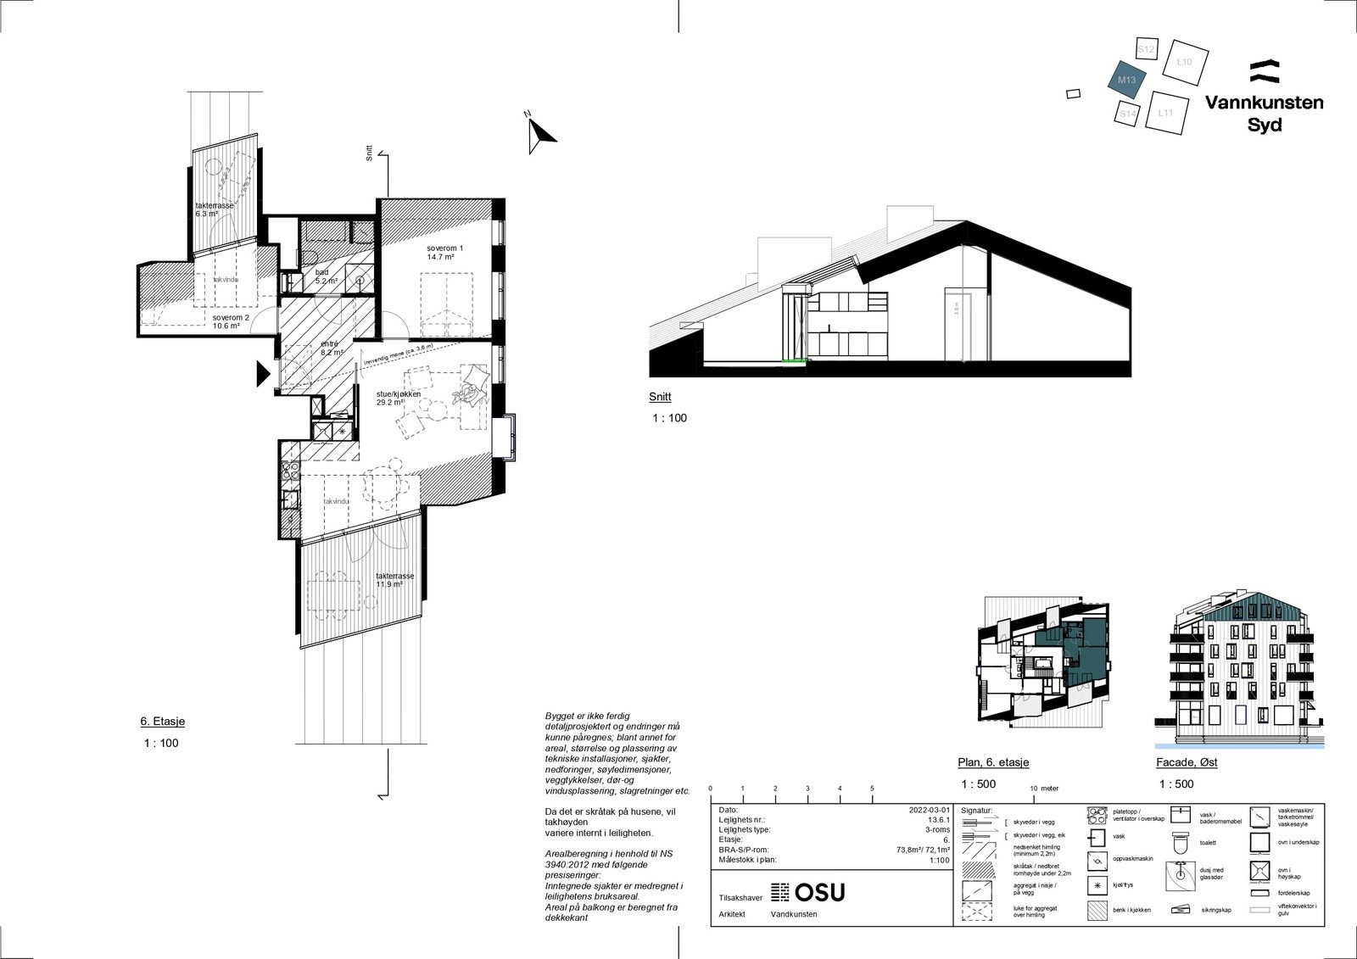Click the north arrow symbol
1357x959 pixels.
coord(539,134)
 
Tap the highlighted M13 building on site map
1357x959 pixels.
coord(1128,81)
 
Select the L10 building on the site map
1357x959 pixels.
coord(1185,62)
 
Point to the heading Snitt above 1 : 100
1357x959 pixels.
coord(659,396)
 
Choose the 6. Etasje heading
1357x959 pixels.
coord(162,722)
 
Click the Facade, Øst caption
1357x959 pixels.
coord(1187,762)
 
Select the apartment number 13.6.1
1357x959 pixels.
coord(938,820)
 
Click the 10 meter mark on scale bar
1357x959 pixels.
coord(1034,788)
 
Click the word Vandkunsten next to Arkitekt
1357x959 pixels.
coord(794,914)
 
